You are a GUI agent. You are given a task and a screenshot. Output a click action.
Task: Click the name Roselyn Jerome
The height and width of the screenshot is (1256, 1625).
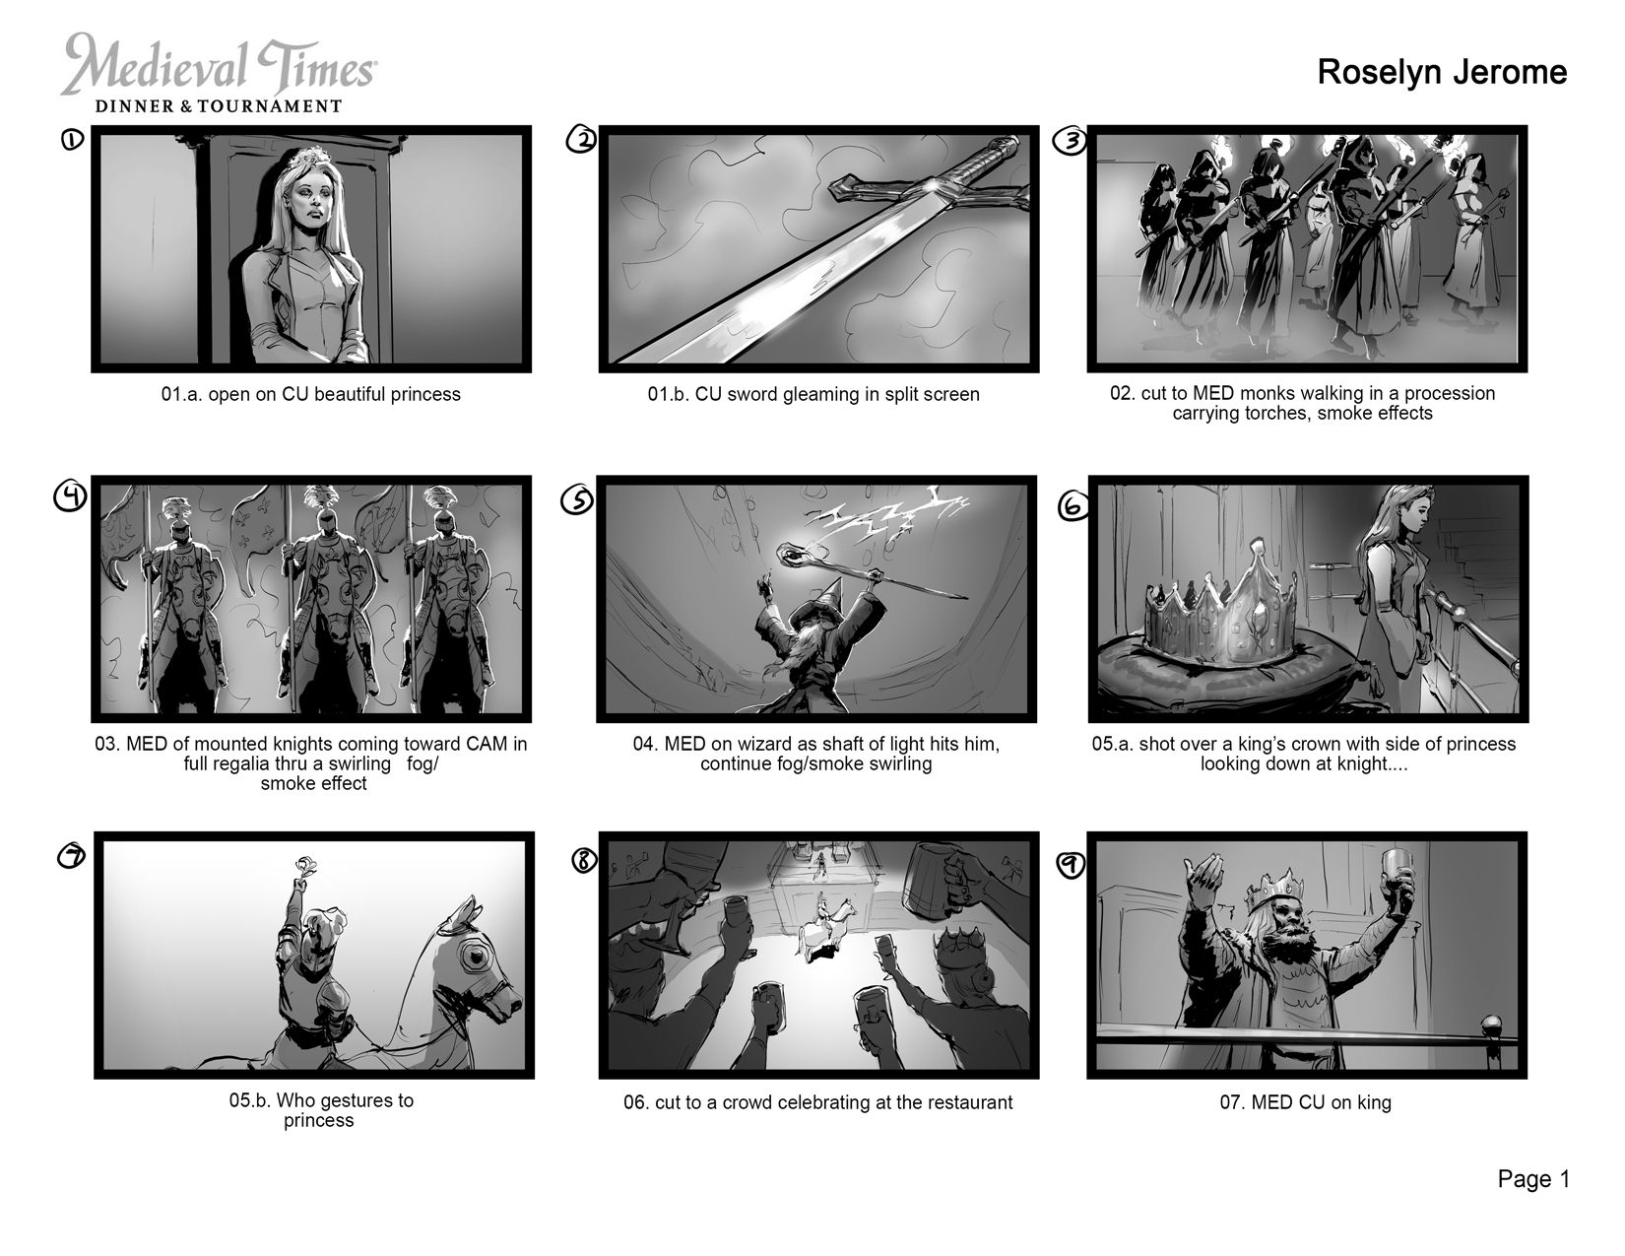[x=1441, y=73]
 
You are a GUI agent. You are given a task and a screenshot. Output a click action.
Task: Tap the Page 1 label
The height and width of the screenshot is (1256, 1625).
[x=1533, y=1179]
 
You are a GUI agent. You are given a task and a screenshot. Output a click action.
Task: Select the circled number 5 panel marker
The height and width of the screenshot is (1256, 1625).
[x=577, y=501]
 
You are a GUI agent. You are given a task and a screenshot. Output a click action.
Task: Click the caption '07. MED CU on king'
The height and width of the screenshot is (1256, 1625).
[x=1305, y=1102]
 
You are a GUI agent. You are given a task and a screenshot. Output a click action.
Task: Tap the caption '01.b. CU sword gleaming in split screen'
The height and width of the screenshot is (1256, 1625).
[x=813, y=394]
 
